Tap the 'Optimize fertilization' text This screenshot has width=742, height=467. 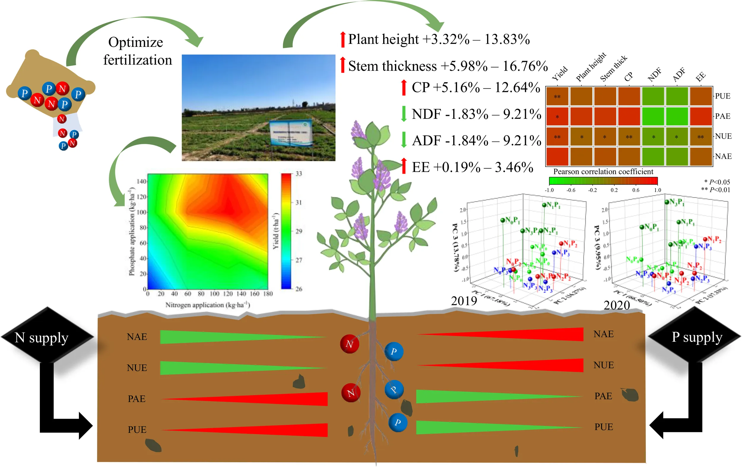[137, 51]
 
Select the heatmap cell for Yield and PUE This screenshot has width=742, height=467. [557, 97]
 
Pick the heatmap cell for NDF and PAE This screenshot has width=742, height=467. [653, 116]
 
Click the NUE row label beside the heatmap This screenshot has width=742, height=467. [723, 136]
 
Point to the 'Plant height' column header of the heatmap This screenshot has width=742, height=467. [590, 67]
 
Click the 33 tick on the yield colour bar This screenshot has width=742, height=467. [299, 174]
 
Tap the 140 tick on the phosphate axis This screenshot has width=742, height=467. [142, 181]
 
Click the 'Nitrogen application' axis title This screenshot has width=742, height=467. [207, 305]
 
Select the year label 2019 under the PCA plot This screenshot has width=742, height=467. [464, 300]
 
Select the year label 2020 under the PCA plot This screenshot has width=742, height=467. [616, 305]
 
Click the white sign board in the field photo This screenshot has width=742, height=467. [290, 132]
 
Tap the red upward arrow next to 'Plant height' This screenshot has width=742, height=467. [342, 39]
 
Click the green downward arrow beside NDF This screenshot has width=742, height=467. [403, 114]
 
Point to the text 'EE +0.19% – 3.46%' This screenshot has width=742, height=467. [473, 167]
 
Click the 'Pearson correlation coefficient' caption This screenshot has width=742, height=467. [603, 171]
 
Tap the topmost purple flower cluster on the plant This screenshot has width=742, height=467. [358, 130]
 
